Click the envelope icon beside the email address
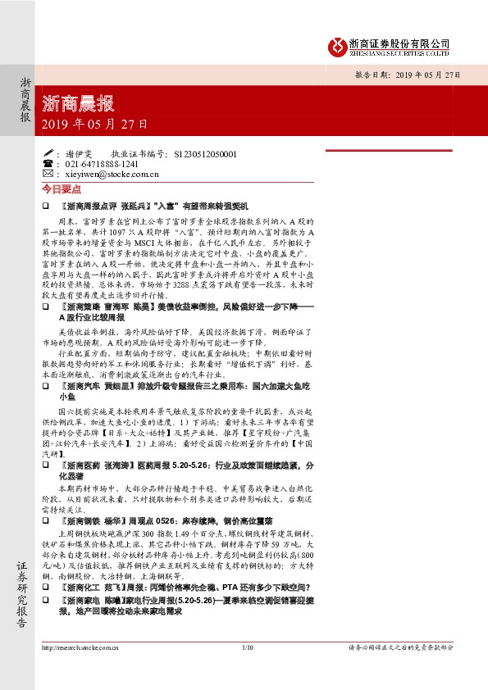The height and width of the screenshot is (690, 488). (47, 175)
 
